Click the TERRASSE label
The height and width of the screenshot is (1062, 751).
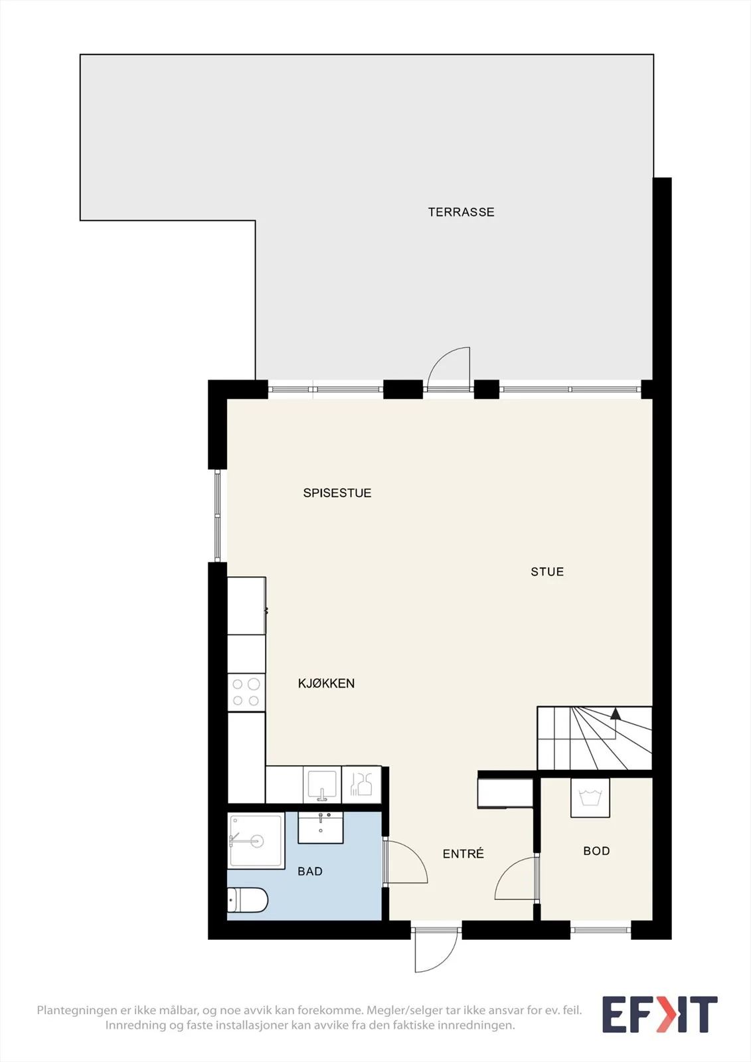coord(461,212)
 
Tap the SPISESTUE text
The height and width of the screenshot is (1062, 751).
coord(337,493)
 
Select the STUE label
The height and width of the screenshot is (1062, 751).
coord(547,571)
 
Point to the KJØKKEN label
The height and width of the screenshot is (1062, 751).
coord(327,683)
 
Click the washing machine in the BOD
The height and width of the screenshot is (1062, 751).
coord(590,797)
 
